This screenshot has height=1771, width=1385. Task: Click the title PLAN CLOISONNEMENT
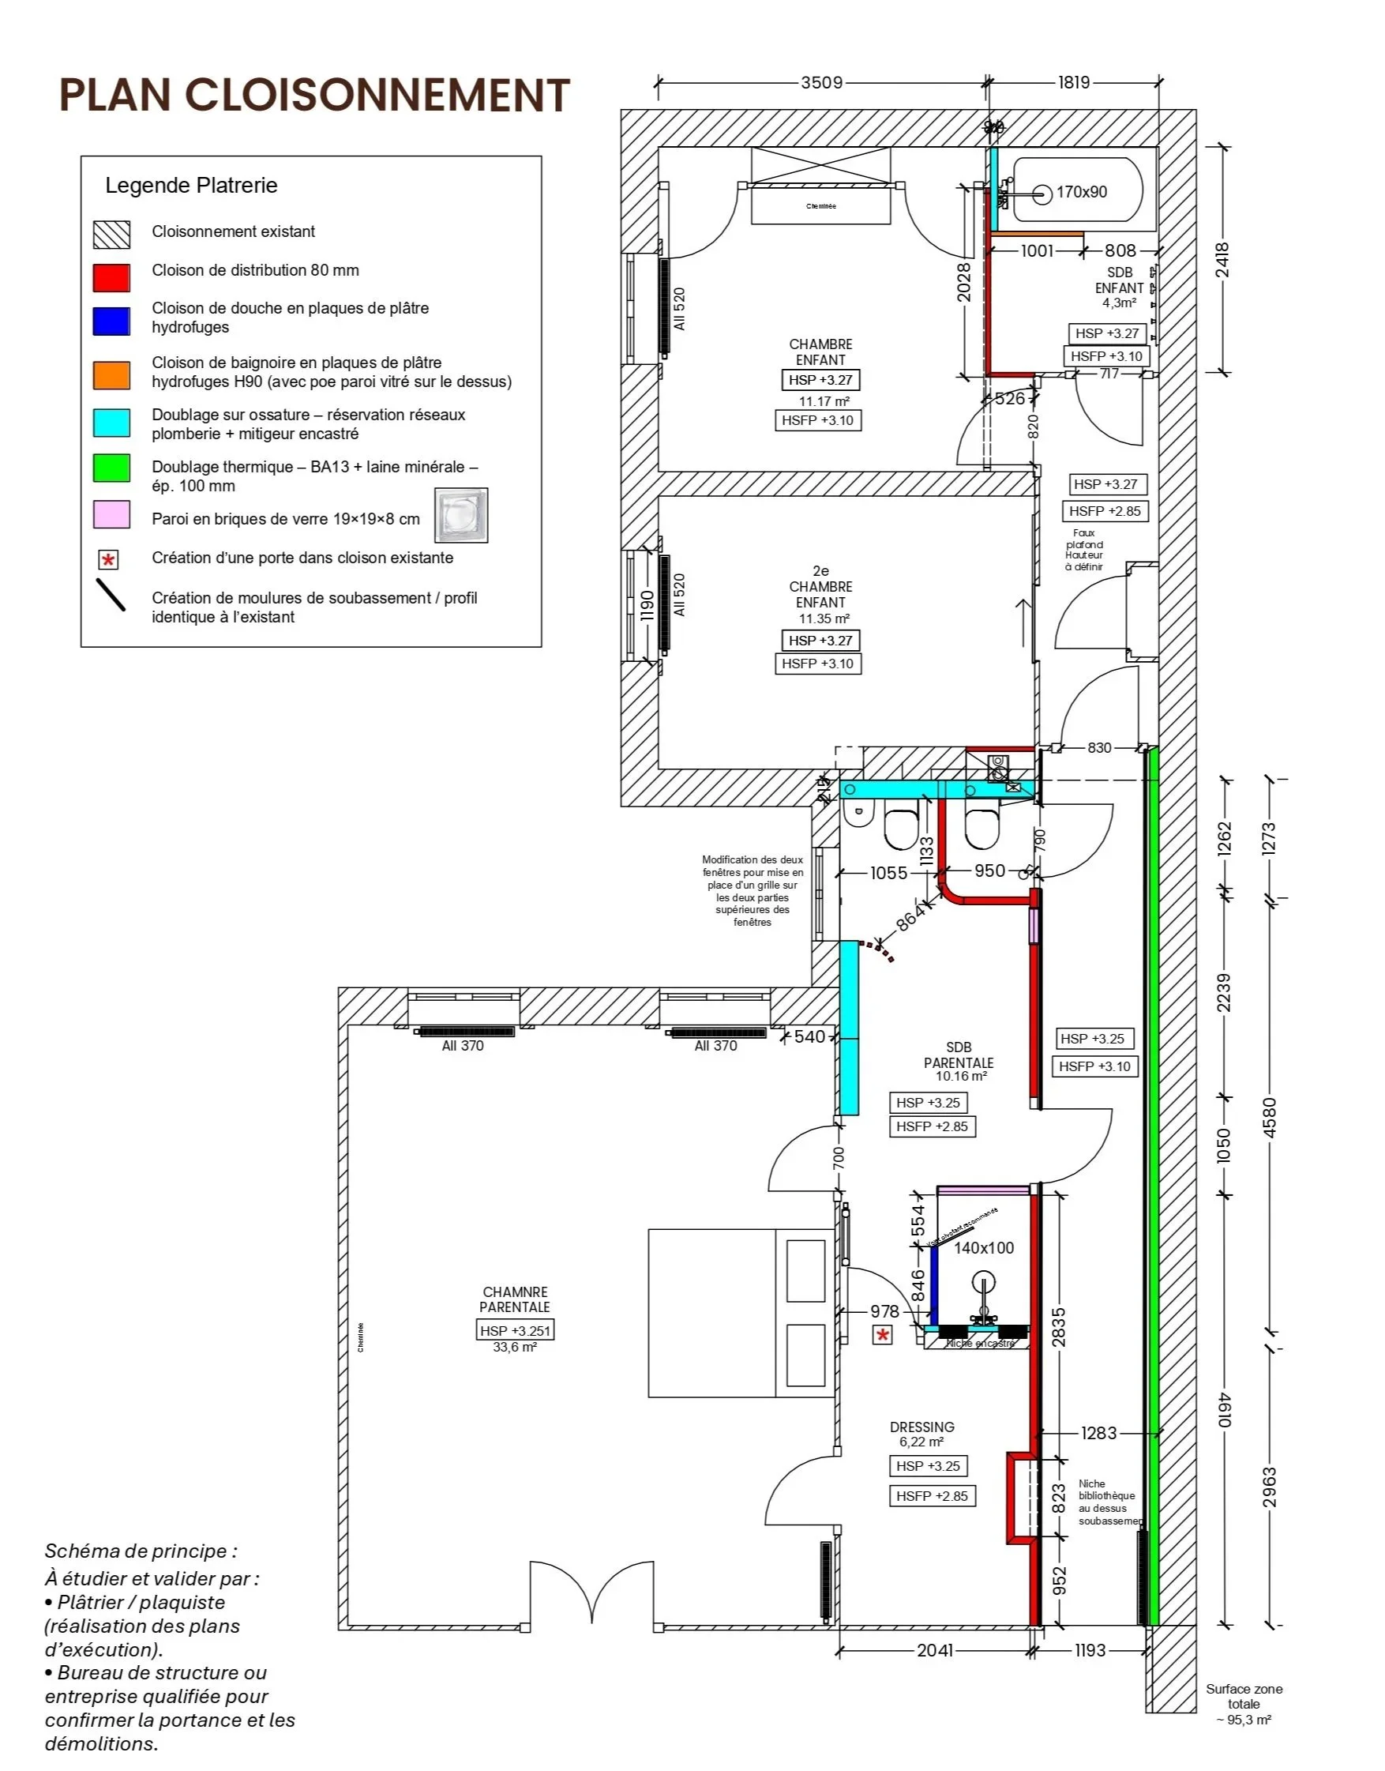point(314,95)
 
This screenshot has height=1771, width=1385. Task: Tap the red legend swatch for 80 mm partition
point(111,277)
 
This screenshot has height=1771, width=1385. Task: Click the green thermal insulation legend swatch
point(111,468)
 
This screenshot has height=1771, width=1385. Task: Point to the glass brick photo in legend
point(460,515)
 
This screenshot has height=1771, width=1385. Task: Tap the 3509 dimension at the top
point(821,83)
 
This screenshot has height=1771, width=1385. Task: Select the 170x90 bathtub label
point(1081,192)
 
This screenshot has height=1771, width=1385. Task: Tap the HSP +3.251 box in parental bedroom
point(515,1330)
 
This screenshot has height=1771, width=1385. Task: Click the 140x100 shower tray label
point(984,1248)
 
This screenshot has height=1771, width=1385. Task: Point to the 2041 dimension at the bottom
point(934,1650)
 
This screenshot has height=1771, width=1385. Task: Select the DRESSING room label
point(922,1427)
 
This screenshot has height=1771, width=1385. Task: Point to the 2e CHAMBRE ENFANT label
point(820,587)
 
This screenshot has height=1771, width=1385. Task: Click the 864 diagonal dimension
point(910,918)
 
